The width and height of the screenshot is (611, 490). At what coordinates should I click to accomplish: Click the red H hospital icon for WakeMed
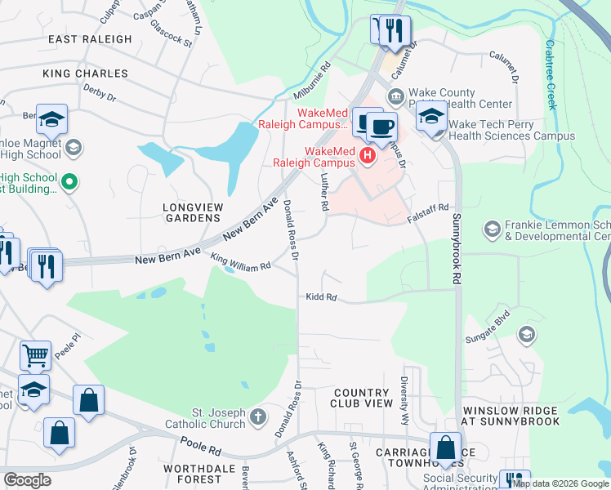(368, 154)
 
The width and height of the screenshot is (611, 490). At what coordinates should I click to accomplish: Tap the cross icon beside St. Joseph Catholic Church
(258, 417)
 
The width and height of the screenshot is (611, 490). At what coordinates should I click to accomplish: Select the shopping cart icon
(35, 355)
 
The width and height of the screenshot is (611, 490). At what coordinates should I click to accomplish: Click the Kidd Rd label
(321, 297)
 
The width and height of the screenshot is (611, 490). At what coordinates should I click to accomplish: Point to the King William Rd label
(240, 266)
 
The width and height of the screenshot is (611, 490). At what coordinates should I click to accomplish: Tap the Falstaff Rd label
(429, 214)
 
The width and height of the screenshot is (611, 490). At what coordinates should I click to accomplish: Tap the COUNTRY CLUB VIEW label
(362, 398)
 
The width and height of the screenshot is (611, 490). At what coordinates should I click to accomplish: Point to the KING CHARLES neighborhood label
(85, 73)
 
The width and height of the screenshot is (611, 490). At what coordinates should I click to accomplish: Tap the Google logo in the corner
(27, 479)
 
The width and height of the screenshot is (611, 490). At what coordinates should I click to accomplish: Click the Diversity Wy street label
(404, 400)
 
